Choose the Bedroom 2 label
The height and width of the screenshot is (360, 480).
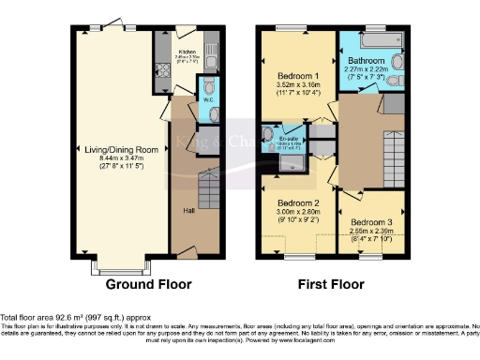point(299,202)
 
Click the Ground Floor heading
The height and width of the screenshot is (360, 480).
point(148,284)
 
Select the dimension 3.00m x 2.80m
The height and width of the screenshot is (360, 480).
point(299,213)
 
